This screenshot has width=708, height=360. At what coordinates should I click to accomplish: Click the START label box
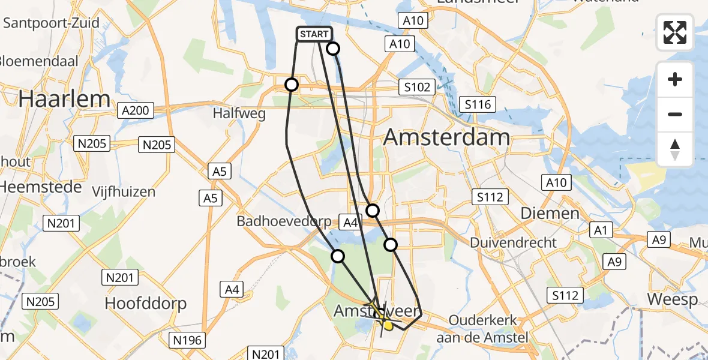point(313,35)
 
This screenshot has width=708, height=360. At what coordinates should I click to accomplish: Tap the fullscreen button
point(675,32)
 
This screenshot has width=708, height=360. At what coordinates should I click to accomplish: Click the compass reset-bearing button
point(675,150)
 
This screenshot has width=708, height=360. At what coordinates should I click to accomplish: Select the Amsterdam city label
point(446,137)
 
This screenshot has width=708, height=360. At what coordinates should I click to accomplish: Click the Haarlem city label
point(64,99)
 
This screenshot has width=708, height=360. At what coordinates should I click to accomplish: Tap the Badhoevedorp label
point(284,221)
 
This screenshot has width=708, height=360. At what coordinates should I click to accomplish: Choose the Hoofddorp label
point(146,303)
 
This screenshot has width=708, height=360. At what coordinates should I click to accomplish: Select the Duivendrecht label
point(514,243)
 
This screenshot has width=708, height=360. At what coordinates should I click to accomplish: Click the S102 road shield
point(417,87)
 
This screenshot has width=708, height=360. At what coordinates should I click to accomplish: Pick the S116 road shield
point(477,105)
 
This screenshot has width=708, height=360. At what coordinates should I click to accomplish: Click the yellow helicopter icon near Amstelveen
point(380,314)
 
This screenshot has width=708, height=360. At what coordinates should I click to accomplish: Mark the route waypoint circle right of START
point(332,49)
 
